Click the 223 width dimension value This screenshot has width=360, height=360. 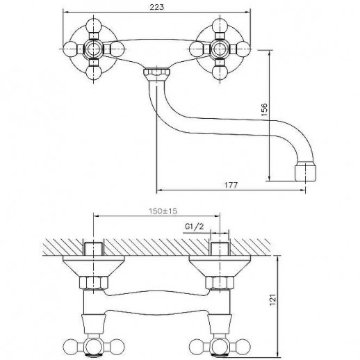point(157,7)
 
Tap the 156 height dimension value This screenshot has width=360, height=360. point(264,109)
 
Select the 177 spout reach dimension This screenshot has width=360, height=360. point(231,185)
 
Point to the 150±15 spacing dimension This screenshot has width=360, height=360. point(163,211)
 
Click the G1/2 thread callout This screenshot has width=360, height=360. point(195,226)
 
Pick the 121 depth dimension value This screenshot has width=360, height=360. point(273,300)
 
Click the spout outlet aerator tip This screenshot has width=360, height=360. point(305,172)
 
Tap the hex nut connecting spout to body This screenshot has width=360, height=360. point(157,72)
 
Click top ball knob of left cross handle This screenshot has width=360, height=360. point(94,26)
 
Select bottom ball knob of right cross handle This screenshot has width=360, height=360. point(220,72)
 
